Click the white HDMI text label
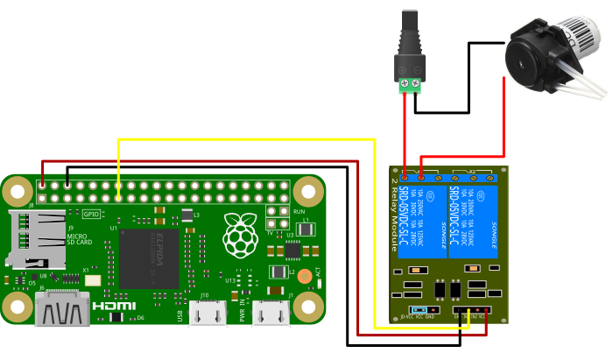point(114,306)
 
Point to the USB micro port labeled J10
point(208,311)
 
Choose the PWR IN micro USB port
point(271,311)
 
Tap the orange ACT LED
point(305,276)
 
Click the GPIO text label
point(91,213)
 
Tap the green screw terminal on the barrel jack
point(409,85)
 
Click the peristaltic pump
point(552,57)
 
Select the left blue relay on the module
point(422,221)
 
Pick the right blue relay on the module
point(472,221)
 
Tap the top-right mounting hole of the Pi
point(308,190)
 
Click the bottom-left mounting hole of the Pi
point(17,307)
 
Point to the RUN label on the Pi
point(299,211)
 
